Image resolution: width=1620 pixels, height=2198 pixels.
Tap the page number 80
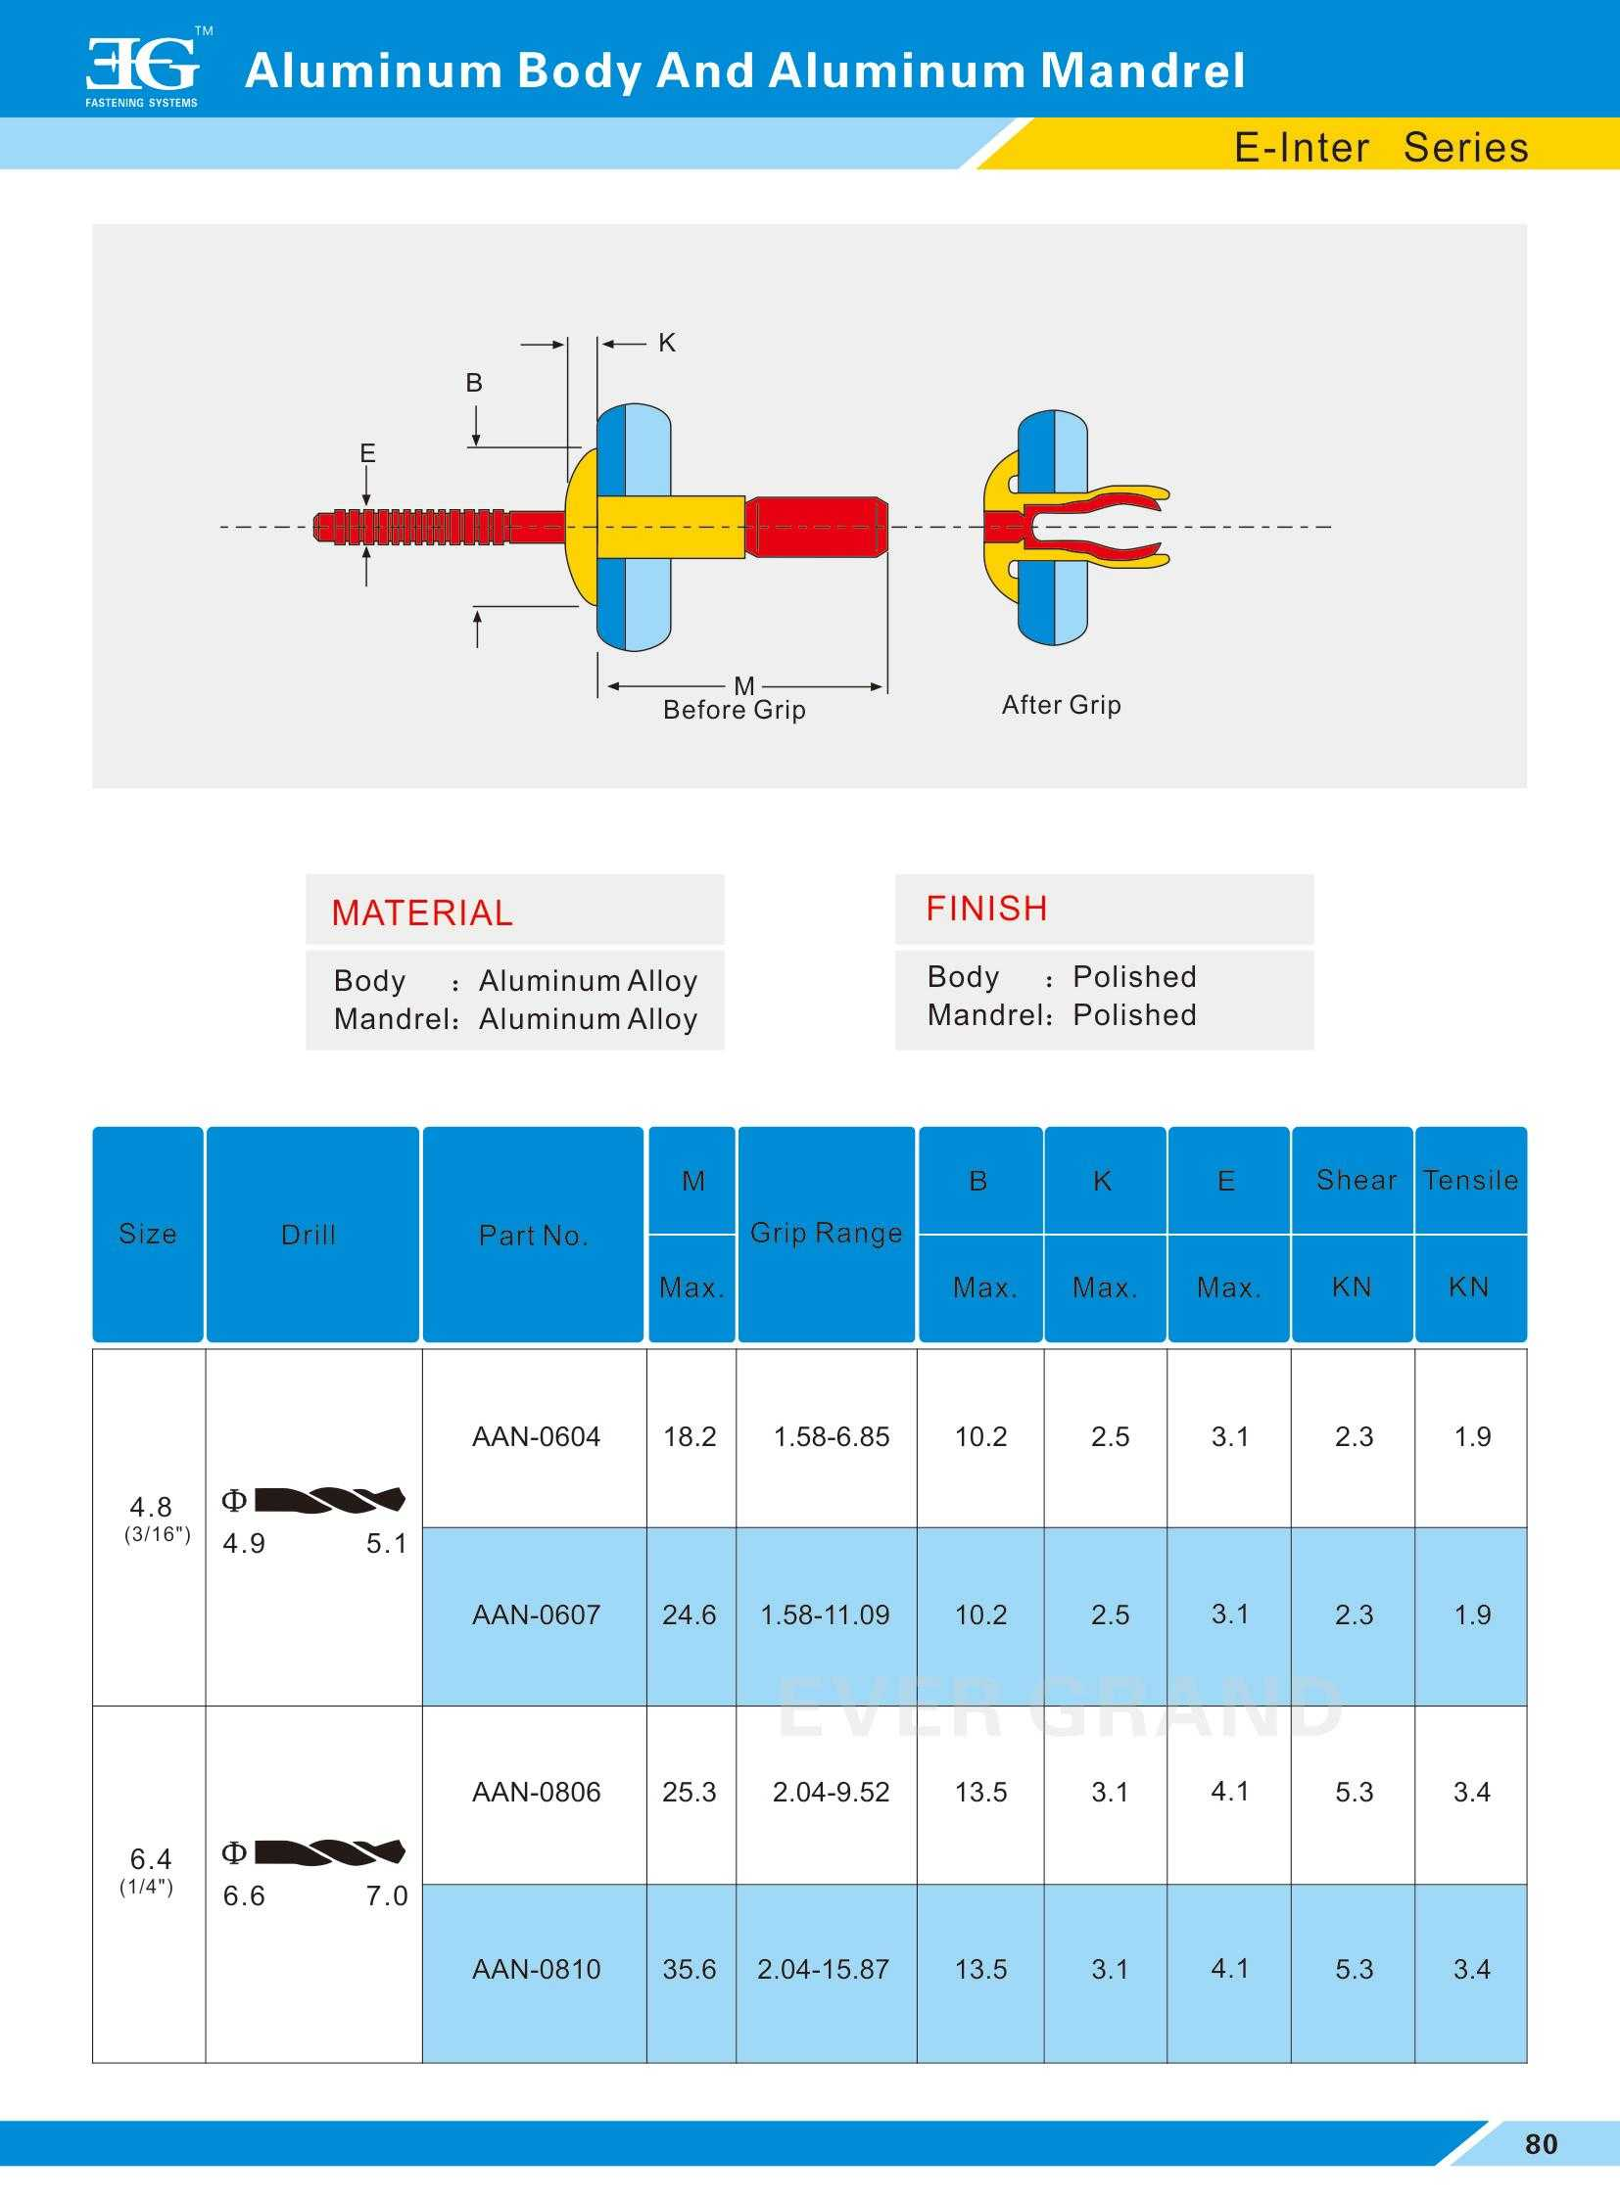click(x=1541, y=2144)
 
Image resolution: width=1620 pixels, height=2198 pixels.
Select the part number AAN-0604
click(x=536, y=1437)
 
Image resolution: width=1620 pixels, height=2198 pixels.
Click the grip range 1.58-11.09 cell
click(x=825, y=1614)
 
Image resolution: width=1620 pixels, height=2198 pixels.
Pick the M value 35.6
click(x=690, y=1970)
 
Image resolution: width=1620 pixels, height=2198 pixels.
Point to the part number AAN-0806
click(x=536, y=1792)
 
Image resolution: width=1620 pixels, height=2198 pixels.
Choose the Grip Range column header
click(x=826, y=1234)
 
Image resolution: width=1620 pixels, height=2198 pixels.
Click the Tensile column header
click(x=1470, y=1181)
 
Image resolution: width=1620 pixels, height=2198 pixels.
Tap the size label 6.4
click(x=150, y=1859)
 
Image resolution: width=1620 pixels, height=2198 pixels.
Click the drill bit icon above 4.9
click(x=329, y=1499)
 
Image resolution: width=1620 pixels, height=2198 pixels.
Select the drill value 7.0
click(x=386, y=1896)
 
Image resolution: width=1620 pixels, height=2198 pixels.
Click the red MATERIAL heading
click(x=422, y=912)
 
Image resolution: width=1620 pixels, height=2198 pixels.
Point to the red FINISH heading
click(x=986, y=909)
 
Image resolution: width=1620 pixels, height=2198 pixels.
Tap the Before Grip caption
click(x=734, y=710)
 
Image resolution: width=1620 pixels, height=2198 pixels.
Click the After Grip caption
click(x=1061, y=705)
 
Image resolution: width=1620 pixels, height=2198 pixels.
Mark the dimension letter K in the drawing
click(x=667, y=342)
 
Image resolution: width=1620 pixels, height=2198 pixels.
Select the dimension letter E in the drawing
click(x=367, y=453)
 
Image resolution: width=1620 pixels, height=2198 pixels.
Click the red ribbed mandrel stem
click(x=412, y=527)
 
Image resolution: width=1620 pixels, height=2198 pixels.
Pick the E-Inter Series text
click(x=1381, y=148)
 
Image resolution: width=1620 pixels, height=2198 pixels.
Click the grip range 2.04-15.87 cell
click(x=823, y=1970)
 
